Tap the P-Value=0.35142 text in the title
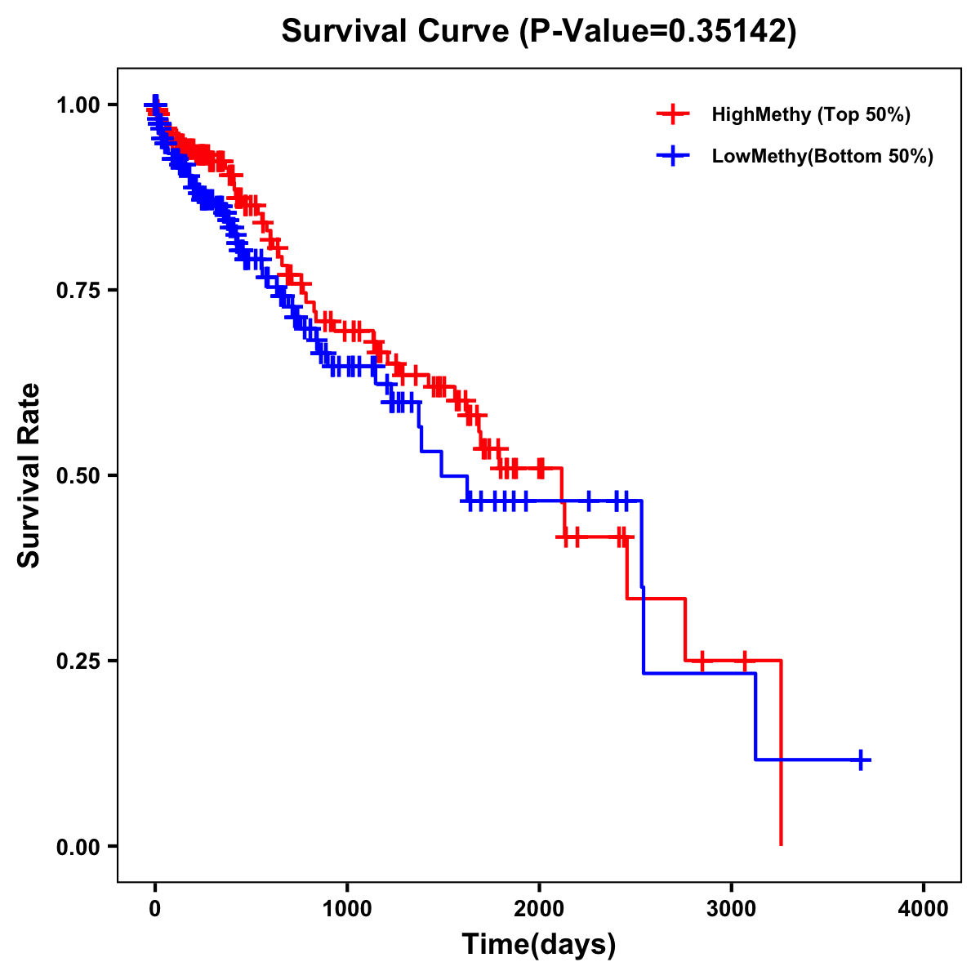point(660,31)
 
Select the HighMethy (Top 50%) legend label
point(810,114)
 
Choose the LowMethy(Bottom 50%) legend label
point(822,156)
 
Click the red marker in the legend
point(672,114)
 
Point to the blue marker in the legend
point(672,156)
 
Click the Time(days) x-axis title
point(539,945)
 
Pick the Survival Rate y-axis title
point(29,475)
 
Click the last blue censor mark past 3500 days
point(859,759)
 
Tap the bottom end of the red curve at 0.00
point(782,844)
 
